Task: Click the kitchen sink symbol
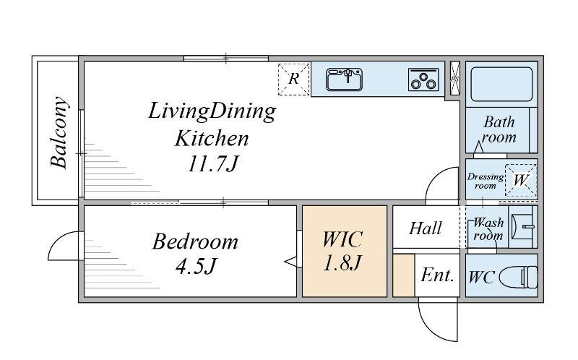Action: coord(345,80)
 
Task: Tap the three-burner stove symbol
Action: coord(423,80)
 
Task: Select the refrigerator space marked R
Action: coord(294,80)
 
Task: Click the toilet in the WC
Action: coord(519,277)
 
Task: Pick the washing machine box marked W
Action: coord(521,181)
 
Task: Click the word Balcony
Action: coord(59,132)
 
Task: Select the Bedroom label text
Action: coord(195,242)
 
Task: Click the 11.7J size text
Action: coord(214,164)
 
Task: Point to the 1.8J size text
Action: coord(342,263)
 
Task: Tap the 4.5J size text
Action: coord(196,266)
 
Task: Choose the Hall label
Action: coord(426,228)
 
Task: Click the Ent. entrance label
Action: coord(437,275)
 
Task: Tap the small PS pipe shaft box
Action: coord(455,78)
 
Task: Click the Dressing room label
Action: coord(486,181)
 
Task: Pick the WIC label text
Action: coord(342,239)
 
